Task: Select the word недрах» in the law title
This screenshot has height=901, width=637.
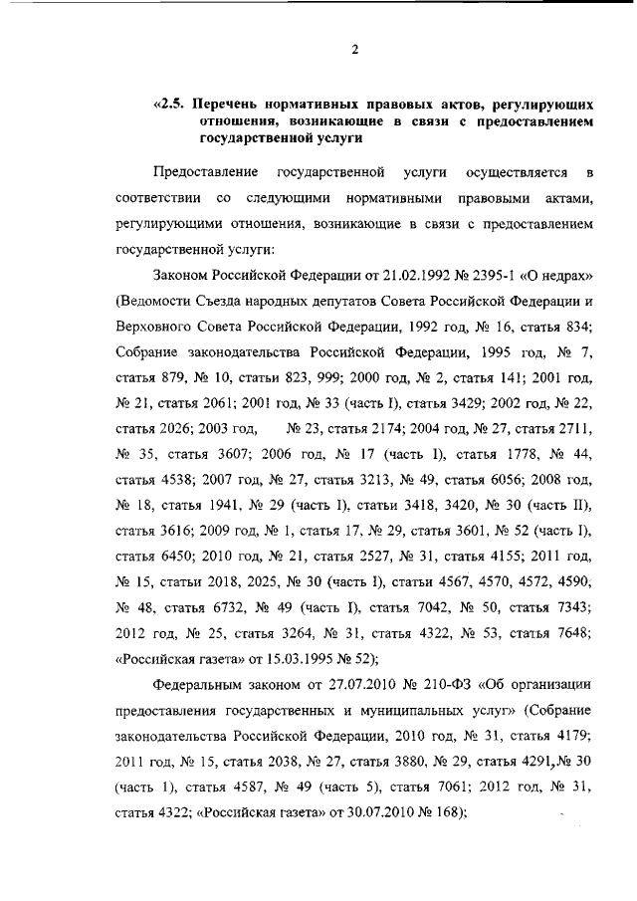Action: click(565, 274)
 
